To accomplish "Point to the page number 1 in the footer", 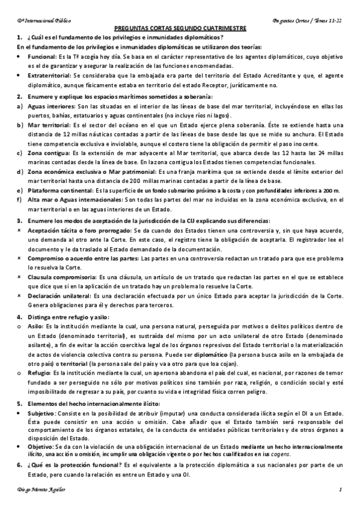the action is click(x=340, y=493).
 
